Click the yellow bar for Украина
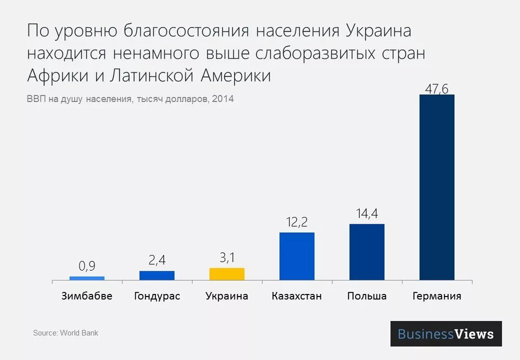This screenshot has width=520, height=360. [227, 274]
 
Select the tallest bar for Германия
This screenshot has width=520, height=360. [437, 187]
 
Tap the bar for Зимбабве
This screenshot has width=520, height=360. [87, 278]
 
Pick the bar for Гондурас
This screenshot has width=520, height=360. [157, 276]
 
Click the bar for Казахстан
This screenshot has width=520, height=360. [297, 256]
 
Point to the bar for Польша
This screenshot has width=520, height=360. [367, 252]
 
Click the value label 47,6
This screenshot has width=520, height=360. [437, 88]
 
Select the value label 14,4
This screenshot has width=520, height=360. [367, 214]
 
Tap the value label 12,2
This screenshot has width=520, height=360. [297, 222]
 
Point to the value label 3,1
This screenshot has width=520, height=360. [227, 258]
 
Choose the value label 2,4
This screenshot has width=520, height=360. [157, 261]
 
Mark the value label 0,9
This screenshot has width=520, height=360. [87, 266]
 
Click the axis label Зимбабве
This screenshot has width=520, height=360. [87, 296]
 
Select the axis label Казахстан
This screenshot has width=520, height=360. [297, 296]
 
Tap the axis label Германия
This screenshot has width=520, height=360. [437, 296]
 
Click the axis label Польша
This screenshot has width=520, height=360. [367, 296]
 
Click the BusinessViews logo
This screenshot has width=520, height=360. [446, 334]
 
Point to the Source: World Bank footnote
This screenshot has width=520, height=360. [66, 333]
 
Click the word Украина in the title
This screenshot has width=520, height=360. [378, 31]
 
